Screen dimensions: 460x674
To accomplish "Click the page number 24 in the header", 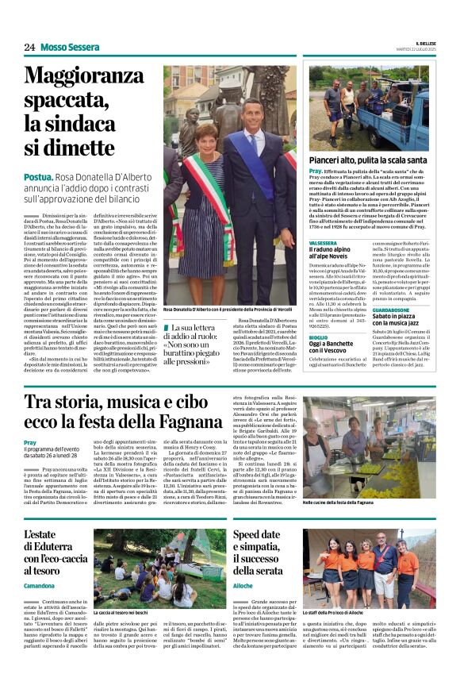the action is click(x=29, y=47).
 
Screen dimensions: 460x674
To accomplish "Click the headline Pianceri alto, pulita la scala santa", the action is click(x=362, y=160).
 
